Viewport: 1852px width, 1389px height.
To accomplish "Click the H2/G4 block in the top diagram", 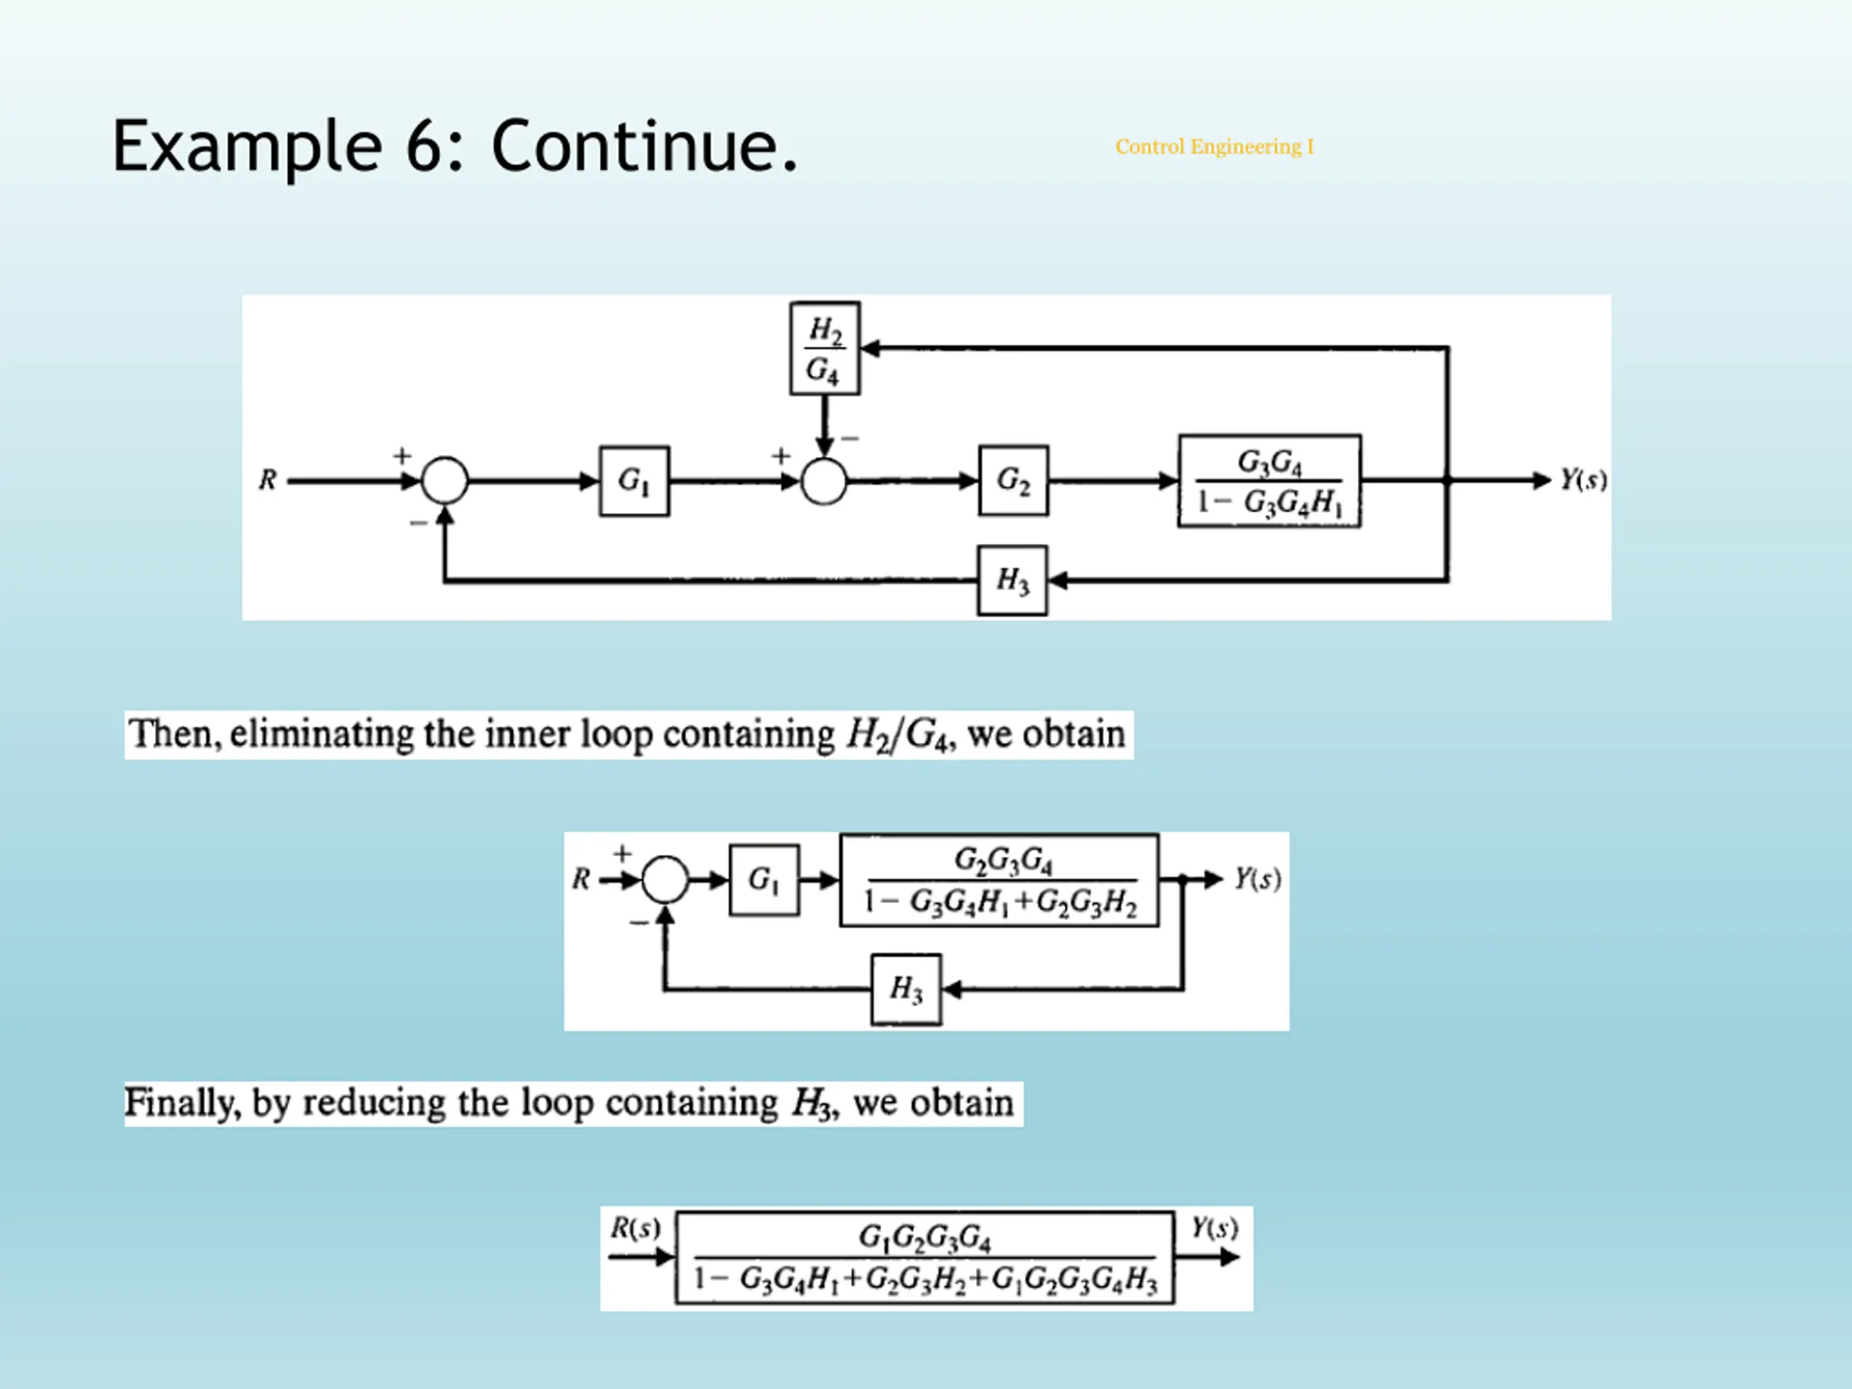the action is [x=825, y=348].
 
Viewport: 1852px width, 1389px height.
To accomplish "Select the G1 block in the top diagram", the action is [x=634, y=480].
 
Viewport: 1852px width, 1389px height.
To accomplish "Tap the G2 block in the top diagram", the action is [x=1013, y=480].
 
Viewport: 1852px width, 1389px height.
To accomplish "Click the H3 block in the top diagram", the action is [x=1012, y=580].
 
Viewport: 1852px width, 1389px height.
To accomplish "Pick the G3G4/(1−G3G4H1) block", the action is [x=1270, y=480].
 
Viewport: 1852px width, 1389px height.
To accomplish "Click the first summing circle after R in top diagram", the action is [x=445, y=480].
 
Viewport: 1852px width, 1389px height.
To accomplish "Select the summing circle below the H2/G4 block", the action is [x=824, y=481].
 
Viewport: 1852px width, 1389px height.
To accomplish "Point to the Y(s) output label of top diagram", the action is [x=1583, y=480].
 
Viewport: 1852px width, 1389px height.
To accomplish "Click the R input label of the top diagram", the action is [x=268, y=480].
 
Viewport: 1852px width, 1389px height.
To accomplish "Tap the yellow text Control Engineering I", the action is [x=1214, y=147].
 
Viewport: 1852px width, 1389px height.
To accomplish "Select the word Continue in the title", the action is [x=634, y=145].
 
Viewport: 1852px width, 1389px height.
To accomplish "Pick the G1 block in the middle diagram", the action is [x=765, y=880].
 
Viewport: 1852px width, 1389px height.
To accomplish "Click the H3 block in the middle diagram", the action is [x=906, y=990].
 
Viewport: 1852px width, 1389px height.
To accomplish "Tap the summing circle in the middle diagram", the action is [x=666, y=879].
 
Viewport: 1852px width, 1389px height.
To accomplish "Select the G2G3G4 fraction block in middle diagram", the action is [x=1000, y=880].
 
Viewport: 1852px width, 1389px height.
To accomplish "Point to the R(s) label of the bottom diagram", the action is [x=635, y=1228].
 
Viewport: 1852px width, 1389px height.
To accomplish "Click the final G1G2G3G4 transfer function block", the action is [x=925, y=1257].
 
